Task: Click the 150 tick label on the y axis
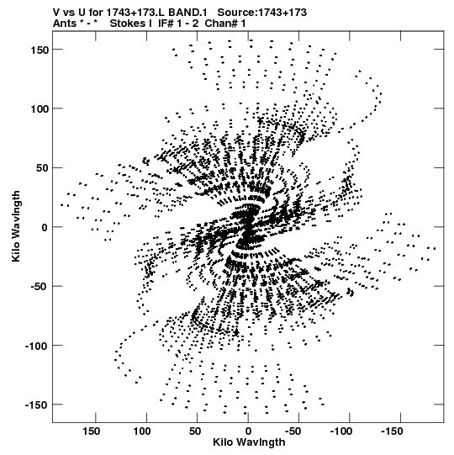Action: click(40, 50)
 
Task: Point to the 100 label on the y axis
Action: click(40, 109)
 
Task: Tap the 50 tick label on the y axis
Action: click(42, 168)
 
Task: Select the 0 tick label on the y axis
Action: click(45, 227)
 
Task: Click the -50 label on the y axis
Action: click(40, 287)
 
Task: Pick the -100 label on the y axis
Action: click(37, 346)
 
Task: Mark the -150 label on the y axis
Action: click(37, 405)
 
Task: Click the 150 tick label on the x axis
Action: click(92, 431)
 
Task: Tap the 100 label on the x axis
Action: click(142, 431)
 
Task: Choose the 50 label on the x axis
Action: click(195, 431)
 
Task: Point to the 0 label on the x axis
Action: click(248, 431)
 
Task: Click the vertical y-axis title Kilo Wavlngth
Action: click(16, 226)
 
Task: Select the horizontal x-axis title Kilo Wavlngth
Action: click(249, 442)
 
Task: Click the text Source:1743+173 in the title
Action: click(262, 13)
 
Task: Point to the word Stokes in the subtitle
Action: click(128, 24)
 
